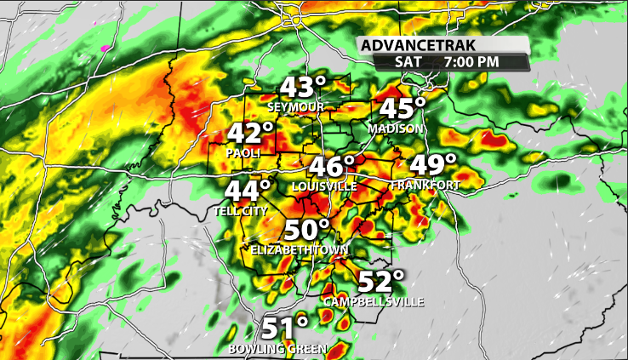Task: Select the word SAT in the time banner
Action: tap(408, 61)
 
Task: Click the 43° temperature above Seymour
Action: tap(304, 89)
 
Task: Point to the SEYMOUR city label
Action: tap(296, 107)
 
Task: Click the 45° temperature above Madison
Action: tap(402, 110)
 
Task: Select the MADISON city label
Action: tap(396, 129)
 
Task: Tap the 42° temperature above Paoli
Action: tap(251, 134)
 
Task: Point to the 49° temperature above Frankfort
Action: tap(433, 166)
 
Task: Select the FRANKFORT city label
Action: tap(425, 186)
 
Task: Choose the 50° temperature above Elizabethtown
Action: tap(306, 231)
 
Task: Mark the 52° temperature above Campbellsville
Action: tap(381, 283)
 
